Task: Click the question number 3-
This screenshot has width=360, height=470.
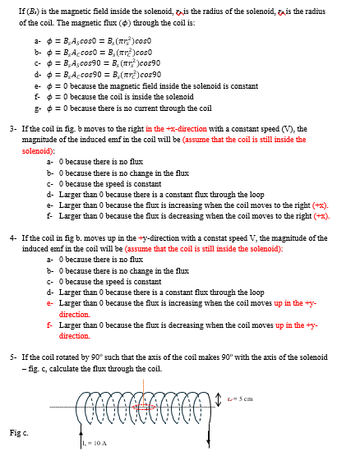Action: pyautogui.click(x=12, y=129)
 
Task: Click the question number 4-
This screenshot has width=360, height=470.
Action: pyautogui.click(x=12, y=237)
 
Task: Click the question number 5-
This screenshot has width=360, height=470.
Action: pyautogui.click(x=12, y=357)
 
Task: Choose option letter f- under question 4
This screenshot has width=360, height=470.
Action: pyautogui.click(x=50, y=325)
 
